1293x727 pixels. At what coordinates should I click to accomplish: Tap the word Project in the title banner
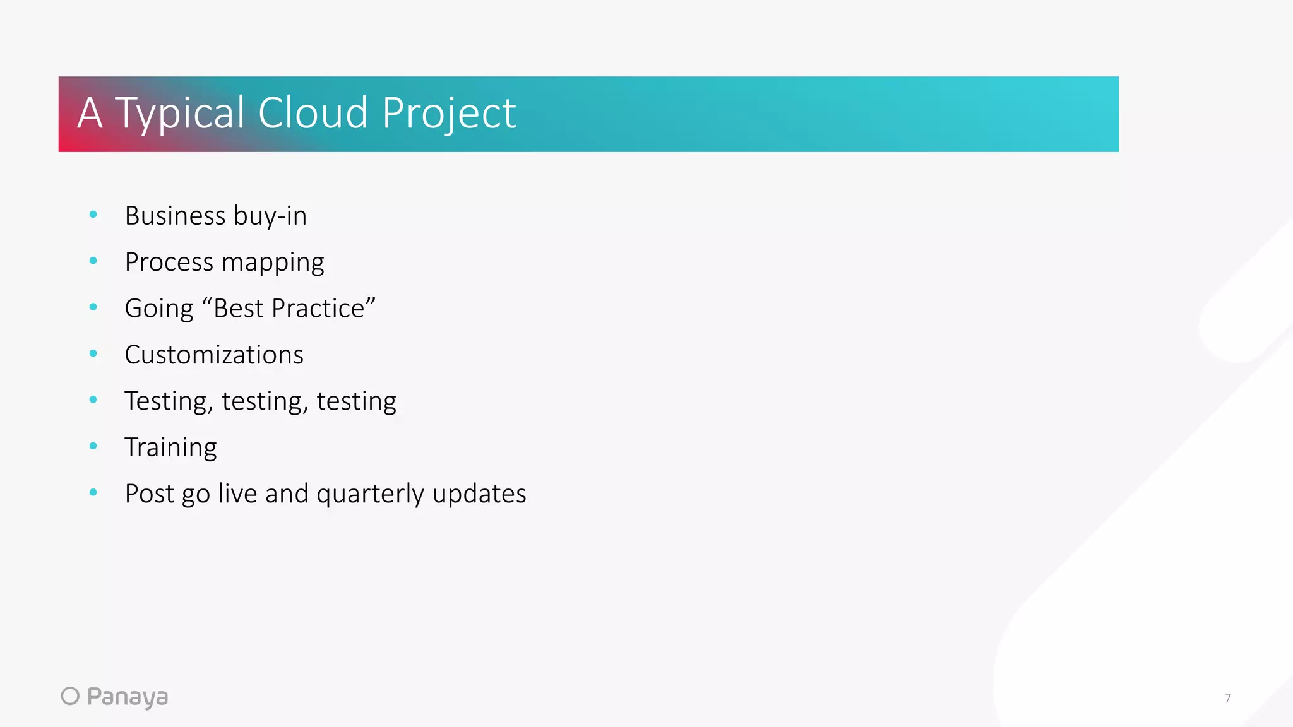click(449, 114)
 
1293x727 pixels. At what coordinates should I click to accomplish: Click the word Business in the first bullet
click(175, 216)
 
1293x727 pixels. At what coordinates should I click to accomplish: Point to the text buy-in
click(270, 216)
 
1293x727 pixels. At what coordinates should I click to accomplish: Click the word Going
click(159, 309)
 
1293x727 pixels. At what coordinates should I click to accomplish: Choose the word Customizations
click(214, 355)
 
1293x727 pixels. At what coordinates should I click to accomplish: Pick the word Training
click(170, 447)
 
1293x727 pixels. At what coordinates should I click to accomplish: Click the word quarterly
click(370, 494)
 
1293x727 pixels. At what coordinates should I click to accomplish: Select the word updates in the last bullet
click(479, 494)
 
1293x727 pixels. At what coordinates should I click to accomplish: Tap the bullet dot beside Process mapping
click(93, 261)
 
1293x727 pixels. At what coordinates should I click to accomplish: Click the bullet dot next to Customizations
click(93, 353)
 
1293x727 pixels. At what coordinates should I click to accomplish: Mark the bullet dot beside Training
click(93, 446)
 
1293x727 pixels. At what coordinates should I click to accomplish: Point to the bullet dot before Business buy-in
click(93, 215)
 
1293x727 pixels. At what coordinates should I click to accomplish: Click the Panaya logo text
click(127, 697)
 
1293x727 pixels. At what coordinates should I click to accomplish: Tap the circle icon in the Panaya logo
click(70, 696)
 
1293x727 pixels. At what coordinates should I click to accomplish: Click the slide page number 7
click(1227, 698)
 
